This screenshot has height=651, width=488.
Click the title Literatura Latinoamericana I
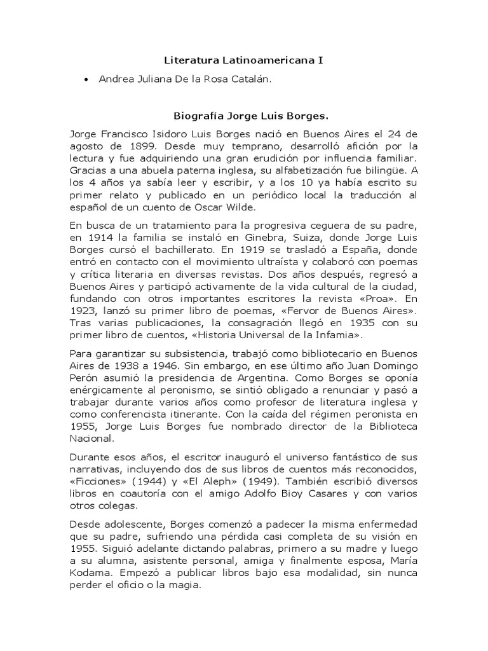pos(243,61)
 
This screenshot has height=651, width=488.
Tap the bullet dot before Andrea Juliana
pos(86,79)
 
